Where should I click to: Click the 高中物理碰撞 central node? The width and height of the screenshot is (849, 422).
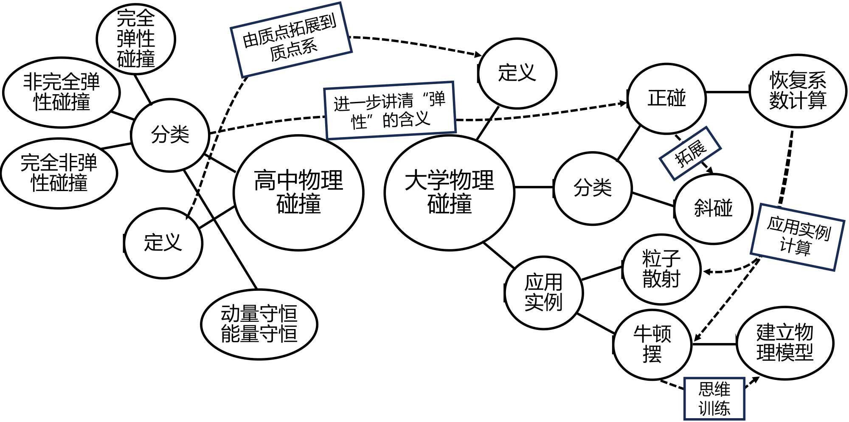click(298, 193)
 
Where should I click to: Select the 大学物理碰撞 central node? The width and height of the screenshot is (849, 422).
click(449, 193)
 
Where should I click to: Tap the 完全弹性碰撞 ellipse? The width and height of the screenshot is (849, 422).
click(136, 39)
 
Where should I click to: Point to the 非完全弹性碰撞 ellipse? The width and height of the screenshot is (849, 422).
click(62, 92)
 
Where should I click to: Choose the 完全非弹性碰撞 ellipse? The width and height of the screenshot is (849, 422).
click(59, 173)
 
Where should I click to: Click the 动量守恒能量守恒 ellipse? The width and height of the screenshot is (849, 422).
click(259, 324)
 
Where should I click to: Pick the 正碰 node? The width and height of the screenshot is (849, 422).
click(666, 98)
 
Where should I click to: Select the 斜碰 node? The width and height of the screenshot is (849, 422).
click(713, 208)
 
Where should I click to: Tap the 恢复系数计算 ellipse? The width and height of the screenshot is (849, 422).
click(798, 91)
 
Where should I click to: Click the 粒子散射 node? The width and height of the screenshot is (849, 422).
click(661, 269)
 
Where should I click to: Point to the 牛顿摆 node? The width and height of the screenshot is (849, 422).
click(652, 344)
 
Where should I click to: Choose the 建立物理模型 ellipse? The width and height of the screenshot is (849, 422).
click(785, 343)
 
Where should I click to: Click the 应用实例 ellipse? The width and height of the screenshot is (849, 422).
click(544, 293)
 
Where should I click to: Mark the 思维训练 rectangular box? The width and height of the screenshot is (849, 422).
click(714, 399)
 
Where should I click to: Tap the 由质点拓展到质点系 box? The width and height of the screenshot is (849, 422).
click(291, 40)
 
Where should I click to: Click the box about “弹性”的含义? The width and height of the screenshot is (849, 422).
click(390, 110)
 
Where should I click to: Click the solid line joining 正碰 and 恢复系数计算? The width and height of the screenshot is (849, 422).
click(728, 92)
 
